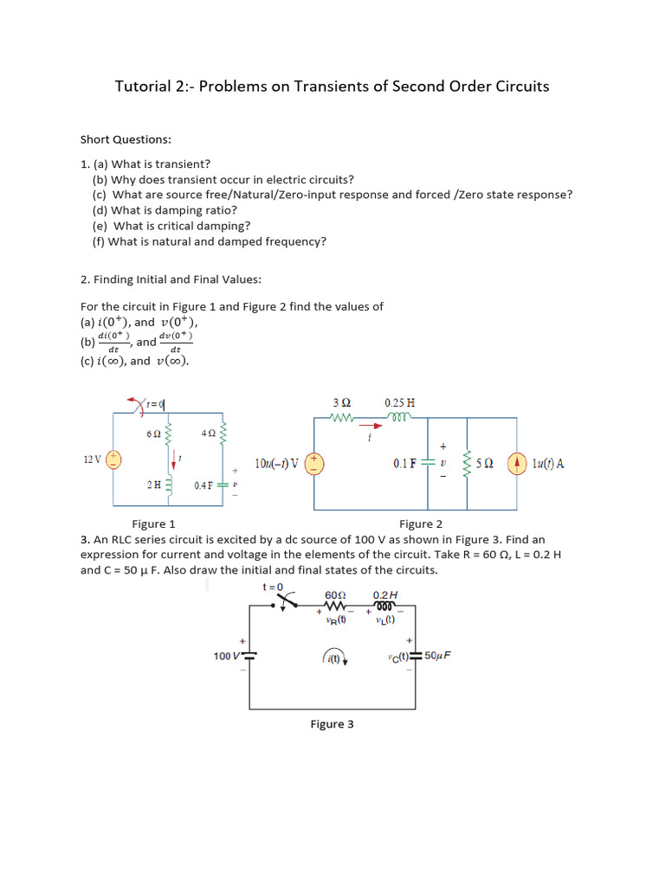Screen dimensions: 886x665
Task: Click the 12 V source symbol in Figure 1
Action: click(x=113, y=460)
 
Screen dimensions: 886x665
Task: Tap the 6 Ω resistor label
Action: click(x=154, y=433)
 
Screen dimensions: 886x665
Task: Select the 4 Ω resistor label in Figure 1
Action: click(x=207, y=433)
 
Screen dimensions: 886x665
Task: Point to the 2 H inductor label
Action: click(x=153, y=485)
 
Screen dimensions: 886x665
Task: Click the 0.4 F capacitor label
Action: click(x=204, y=485)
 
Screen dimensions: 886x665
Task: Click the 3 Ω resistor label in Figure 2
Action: click(x=341, y=402)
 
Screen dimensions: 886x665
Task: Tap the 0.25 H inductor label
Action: click(x=399, y=402)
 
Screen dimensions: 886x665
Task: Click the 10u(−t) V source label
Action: click(x=276, y=464)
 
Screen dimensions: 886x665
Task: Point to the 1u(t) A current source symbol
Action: click(x=517, y=464)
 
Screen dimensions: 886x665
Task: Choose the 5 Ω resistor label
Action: click(x=485, y=464)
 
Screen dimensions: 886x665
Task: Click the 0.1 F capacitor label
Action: click(x=404, y=464)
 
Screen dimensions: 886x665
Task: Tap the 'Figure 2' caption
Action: click(x=421, y=523)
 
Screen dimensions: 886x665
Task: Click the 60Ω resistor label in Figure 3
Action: click(x=335, y=595)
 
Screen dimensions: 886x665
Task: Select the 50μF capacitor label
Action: click(x=437, y=655)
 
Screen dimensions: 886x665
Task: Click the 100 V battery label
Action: click(x=226, y=656)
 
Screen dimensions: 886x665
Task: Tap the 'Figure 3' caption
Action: click(x=332, y=724)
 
